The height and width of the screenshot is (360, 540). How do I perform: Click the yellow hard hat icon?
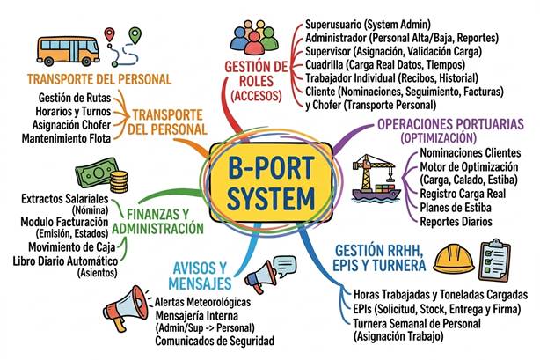[x=454, y=260]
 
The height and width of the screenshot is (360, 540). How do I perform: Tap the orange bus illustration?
[x=68, y=51]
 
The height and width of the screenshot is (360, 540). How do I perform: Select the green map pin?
[x=135, y=35]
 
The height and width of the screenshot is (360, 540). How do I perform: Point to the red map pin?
[x=109, y=34]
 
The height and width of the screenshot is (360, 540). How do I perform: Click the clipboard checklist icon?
[x=494, y=260]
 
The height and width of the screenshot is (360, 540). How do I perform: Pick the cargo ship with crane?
[x=376, y=178]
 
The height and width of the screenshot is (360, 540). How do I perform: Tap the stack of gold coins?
[x=119, y=181]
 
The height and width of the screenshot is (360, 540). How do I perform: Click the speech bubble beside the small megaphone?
[x=284, y=267]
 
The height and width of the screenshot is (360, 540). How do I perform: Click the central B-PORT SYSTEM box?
[x=271, y=183]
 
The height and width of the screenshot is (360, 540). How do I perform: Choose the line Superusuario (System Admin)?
[x=368, y=25]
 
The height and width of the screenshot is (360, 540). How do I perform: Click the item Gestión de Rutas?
[x=75, y=98]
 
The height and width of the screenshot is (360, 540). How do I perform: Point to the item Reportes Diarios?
[x=456, y=222]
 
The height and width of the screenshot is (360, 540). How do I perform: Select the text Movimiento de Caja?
[x=71, y=247]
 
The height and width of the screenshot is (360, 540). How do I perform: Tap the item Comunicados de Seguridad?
[x=215, y=341]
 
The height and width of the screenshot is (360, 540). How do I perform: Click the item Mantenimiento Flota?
[x=66, y=138]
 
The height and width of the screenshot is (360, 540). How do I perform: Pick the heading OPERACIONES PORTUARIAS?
[x=451, y=124]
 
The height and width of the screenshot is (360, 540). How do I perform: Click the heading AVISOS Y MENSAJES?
[x=200, y=276]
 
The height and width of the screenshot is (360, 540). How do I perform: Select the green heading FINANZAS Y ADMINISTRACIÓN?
[x=158, y=222]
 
